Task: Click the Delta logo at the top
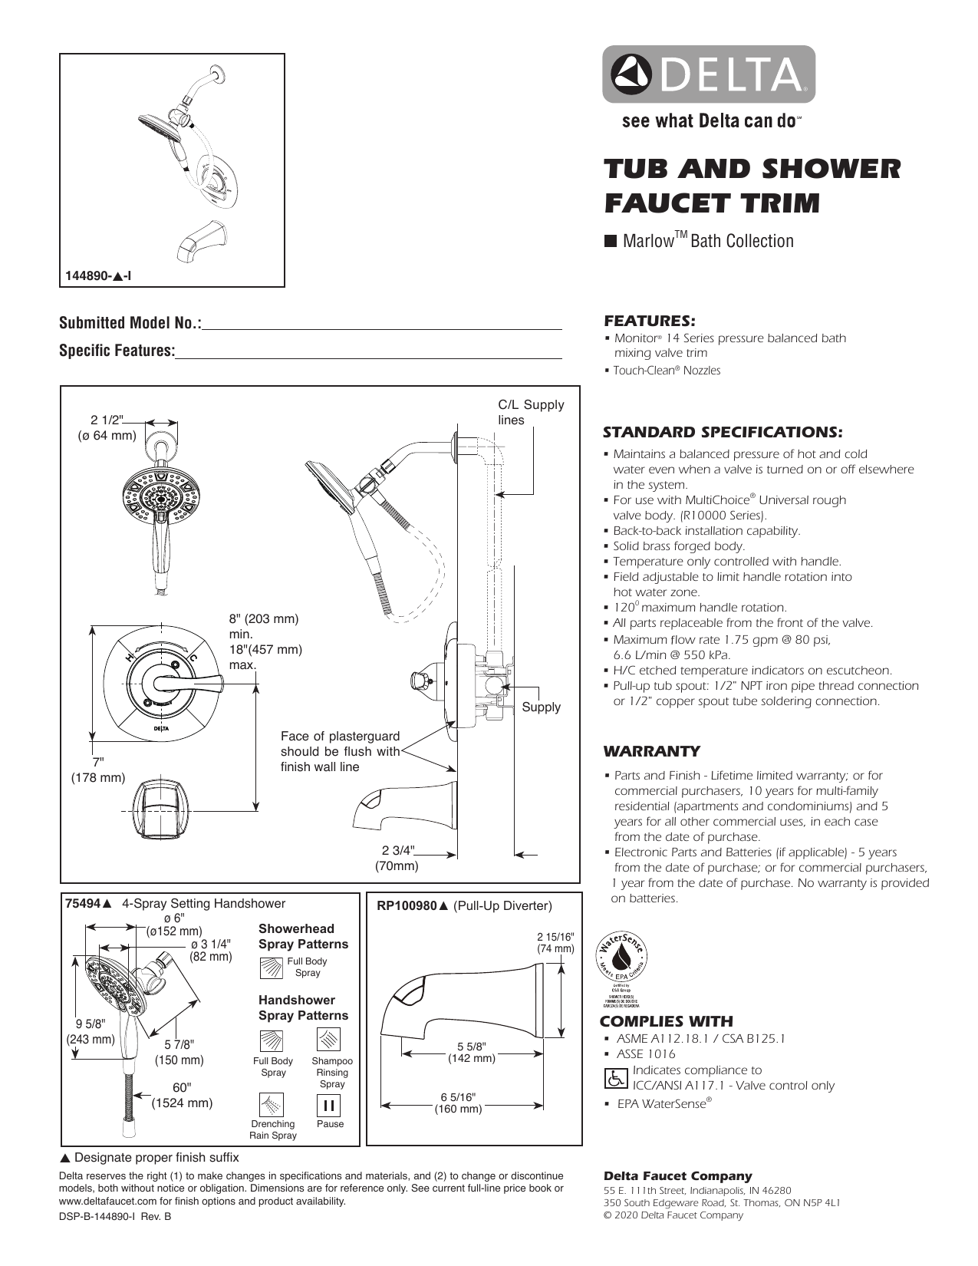[708, 74]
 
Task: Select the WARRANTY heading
[651, 751]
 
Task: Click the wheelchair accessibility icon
[615, 1078]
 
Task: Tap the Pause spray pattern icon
[330, 1105]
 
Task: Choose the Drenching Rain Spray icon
[272, 1105]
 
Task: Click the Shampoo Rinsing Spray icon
[329, 1040]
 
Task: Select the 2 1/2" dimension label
[107, 420]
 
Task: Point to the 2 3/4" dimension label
[397, 850]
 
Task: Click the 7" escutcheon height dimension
[98, 762]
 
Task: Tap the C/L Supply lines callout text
[530, 412]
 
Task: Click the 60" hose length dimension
[182, 1088]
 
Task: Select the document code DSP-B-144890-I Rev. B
[115, 1217]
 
